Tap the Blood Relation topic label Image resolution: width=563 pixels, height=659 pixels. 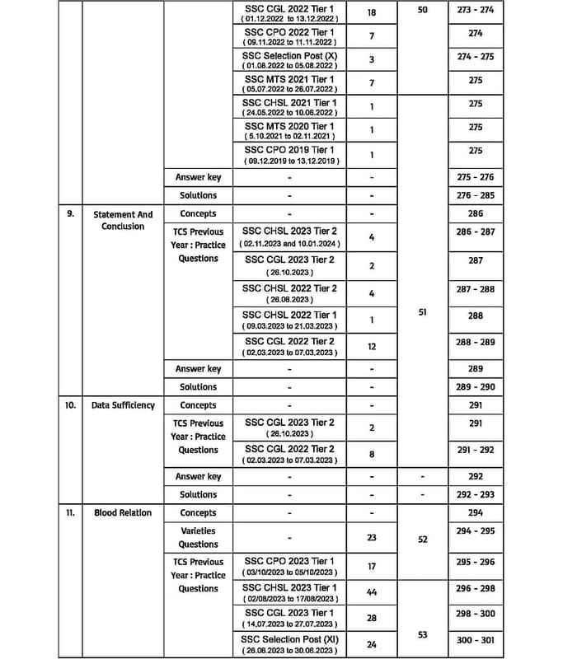point(123,512)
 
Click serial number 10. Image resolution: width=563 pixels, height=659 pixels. point(71,405)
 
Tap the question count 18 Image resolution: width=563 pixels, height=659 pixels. point(372,14)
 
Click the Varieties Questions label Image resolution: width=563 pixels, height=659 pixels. point(198,538)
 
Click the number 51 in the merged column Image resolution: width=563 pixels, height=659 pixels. point(423,313)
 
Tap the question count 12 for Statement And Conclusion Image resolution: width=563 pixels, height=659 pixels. point(372,347)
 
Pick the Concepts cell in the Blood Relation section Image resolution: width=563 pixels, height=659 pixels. point(198,512)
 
